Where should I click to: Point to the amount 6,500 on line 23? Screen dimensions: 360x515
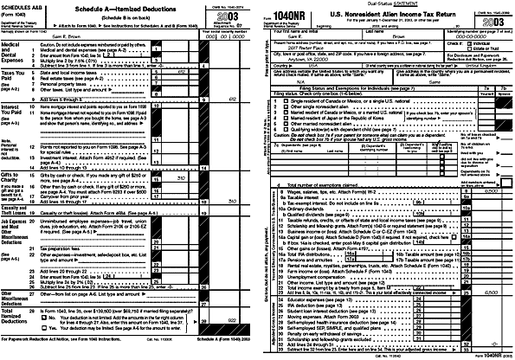tap(490, 269)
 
